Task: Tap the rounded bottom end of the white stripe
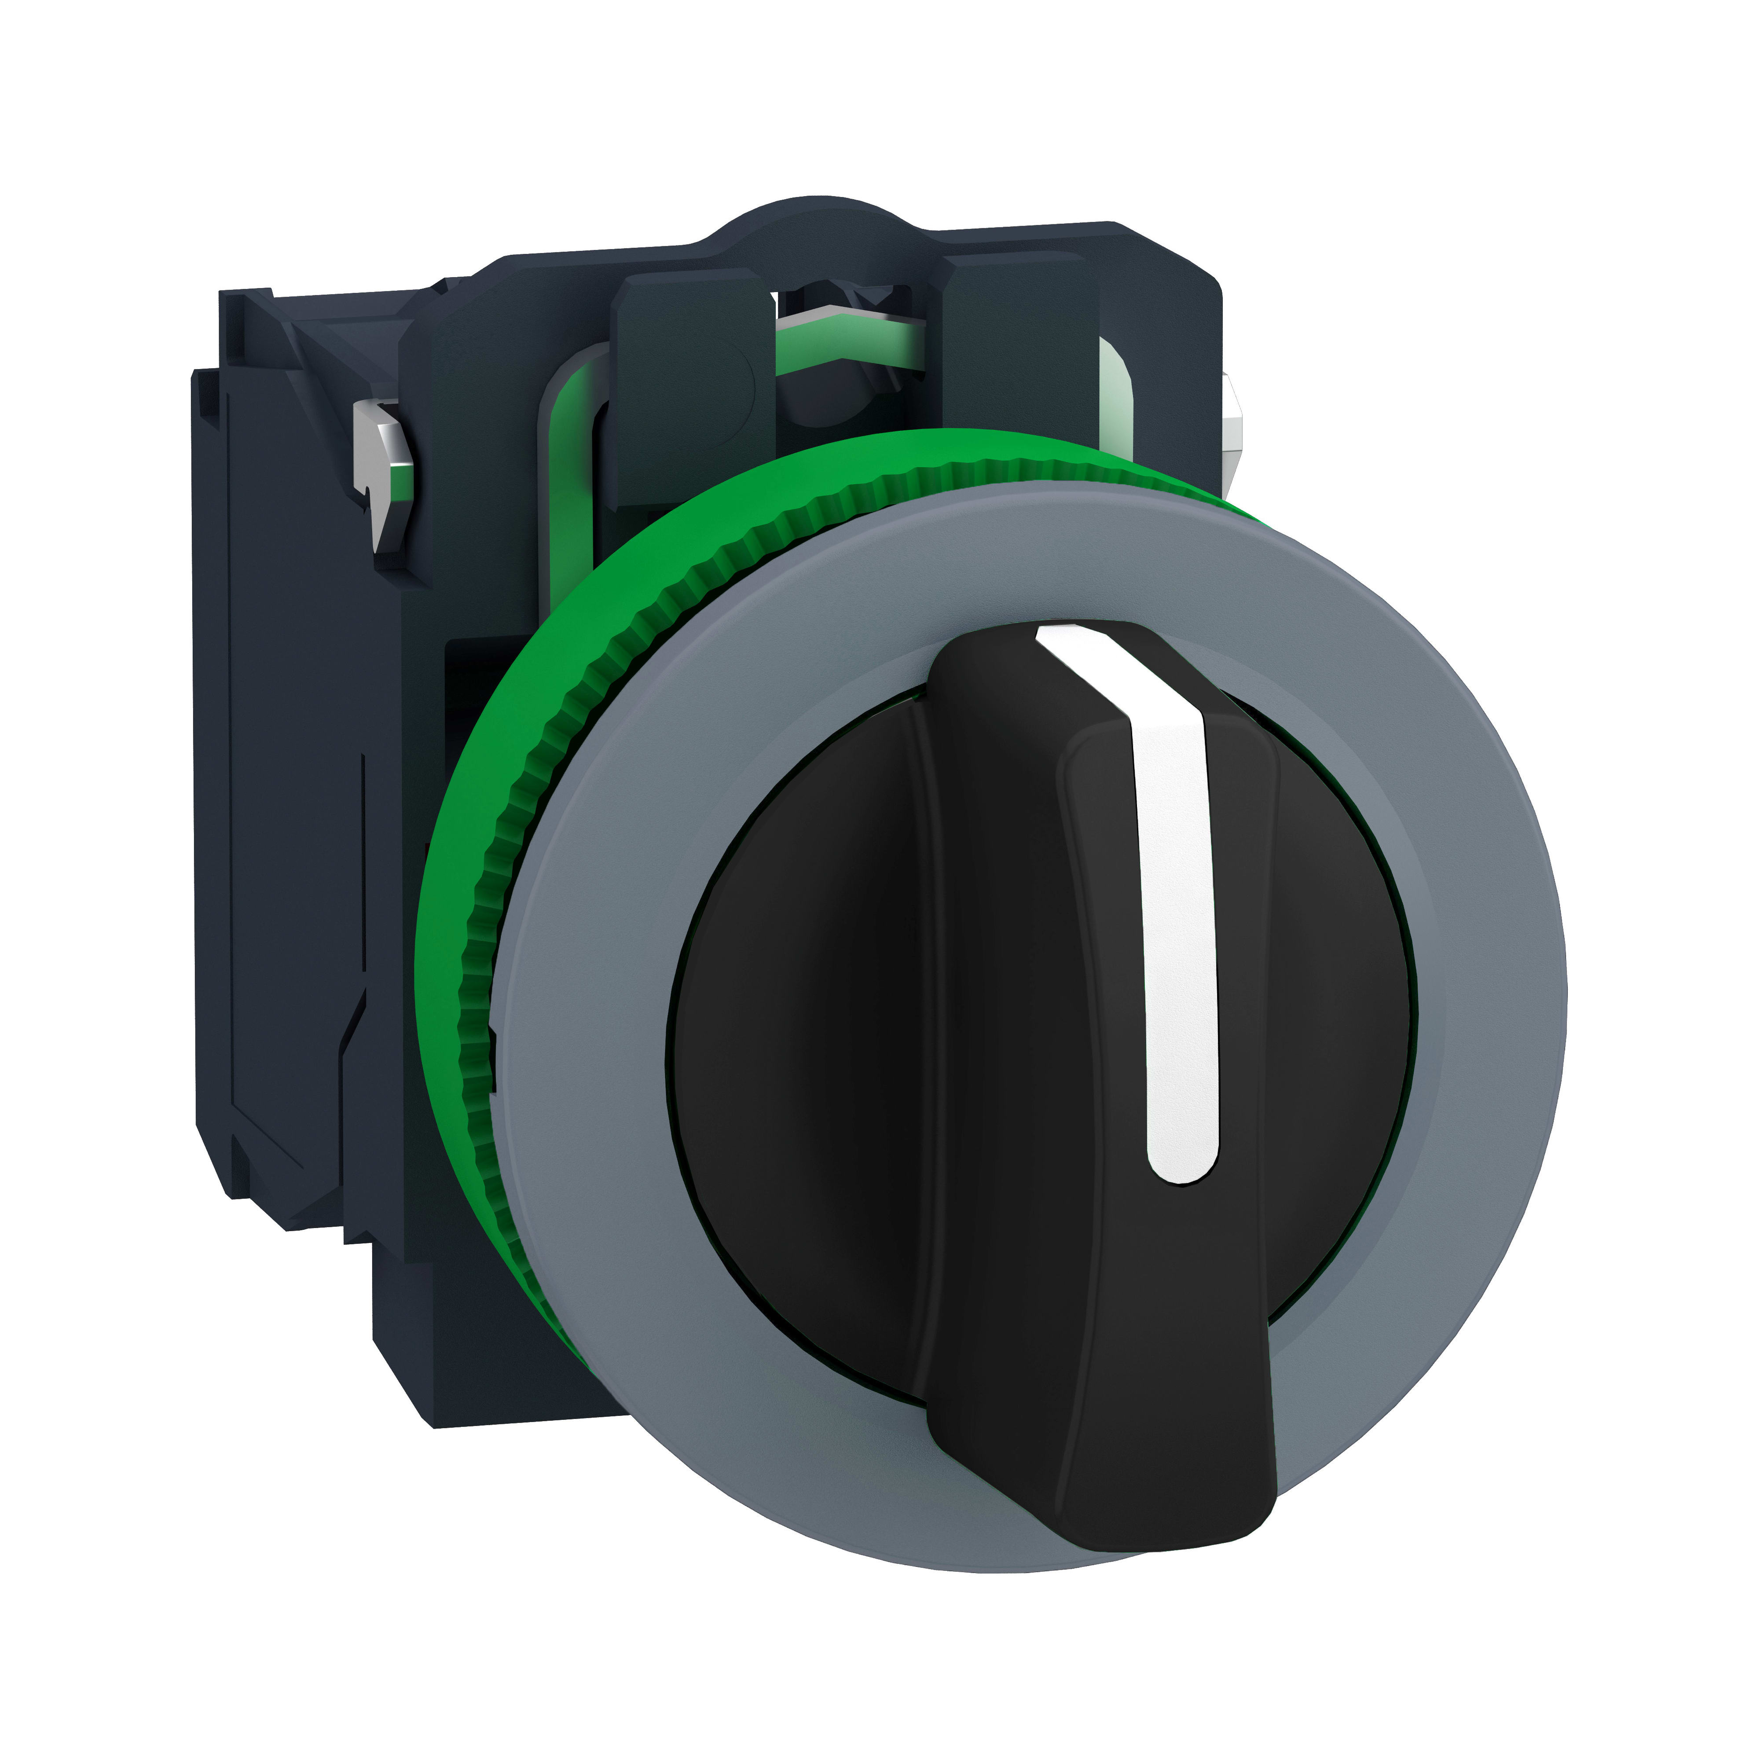point(1182,1166)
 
